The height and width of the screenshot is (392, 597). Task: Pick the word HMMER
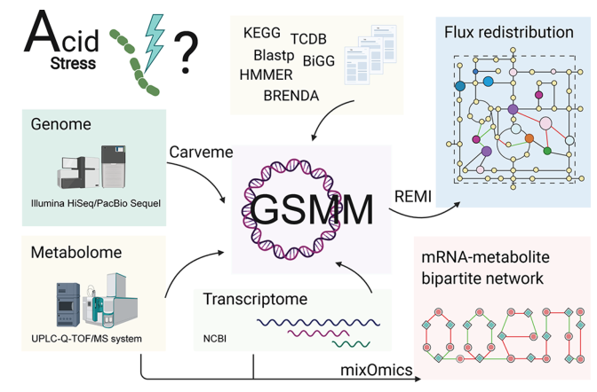pos(266,74)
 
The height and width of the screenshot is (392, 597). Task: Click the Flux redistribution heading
pos(509,33)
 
